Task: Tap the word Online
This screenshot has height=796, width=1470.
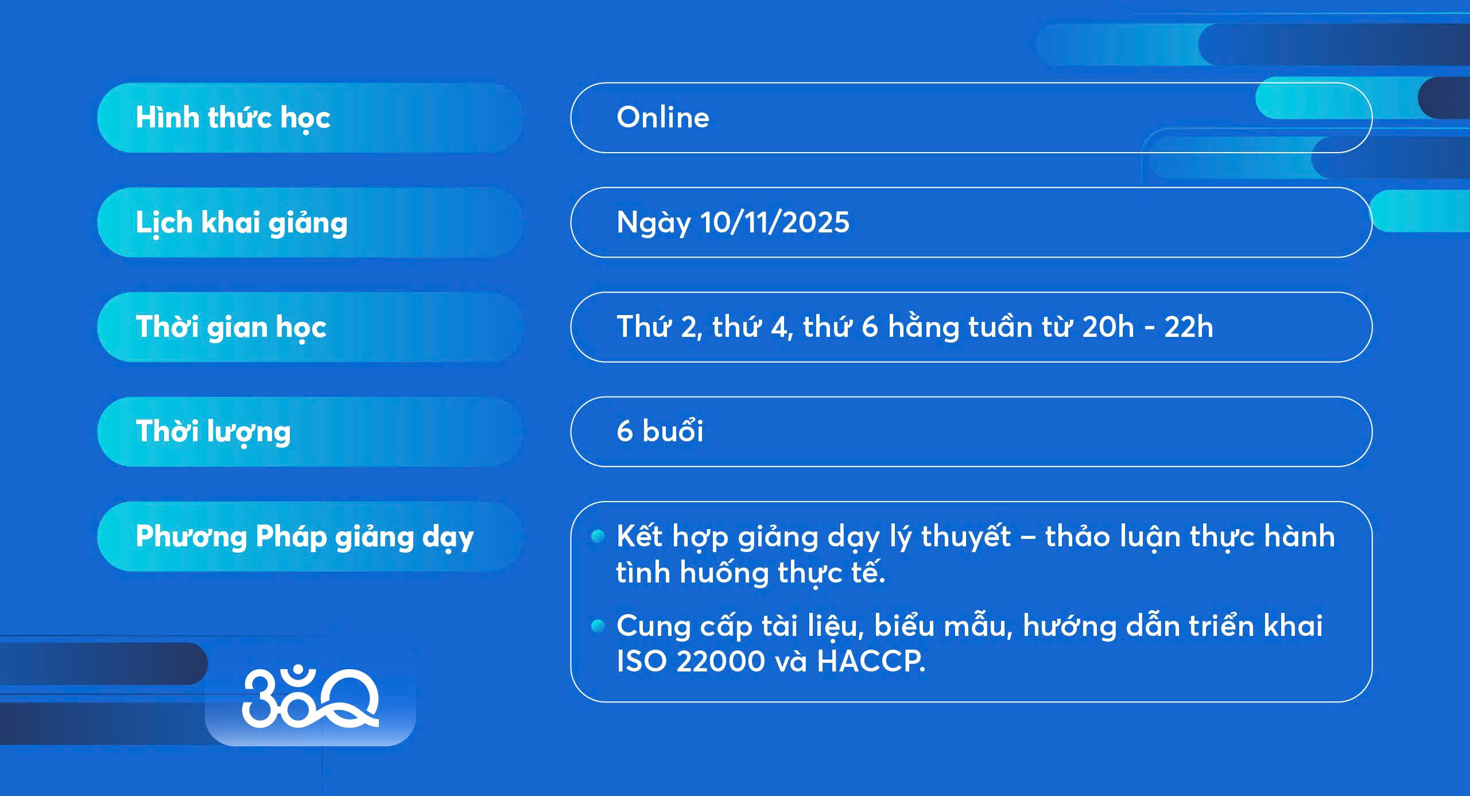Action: pyautogui.click(x=663, y=118)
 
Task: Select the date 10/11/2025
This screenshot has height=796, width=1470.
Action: pyautogui.click(x=774, y=222)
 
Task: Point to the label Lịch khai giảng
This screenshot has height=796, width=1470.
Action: pyautogui.click(x=242, y=223)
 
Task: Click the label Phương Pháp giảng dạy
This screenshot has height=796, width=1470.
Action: pyautogui.click(x=305, y=537)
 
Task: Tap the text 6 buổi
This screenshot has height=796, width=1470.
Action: pyautogui.click(x=660, y=431)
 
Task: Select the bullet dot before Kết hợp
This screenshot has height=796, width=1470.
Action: pyautogui.click(x=598, y=537)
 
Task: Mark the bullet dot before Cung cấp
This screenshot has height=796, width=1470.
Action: pyautogui.click(x=598, y=626)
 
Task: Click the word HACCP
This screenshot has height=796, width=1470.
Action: pyautogui.click(x=871, y=661)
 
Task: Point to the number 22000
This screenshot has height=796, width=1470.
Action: pyautogui.click(x=721, y=661)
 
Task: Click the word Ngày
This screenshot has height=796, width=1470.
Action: pyautogui.click(x=654, y=223)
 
